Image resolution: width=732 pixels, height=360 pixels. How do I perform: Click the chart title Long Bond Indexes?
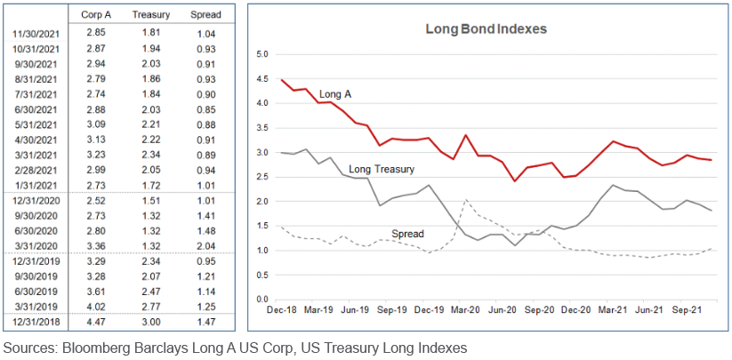coord(485,28)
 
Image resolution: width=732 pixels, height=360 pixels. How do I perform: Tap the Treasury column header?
coord(150,16)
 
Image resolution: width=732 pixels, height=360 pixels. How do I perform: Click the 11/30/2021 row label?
coord(36,33)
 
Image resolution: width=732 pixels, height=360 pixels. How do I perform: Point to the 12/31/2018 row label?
coord(36,320)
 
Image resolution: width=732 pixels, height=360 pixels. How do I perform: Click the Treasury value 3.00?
coord(150,320)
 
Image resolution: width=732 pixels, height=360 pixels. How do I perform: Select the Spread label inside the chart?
coord(407,234)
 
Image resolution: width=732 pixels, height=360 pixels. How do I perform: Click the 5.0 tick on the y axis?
coord(261,54)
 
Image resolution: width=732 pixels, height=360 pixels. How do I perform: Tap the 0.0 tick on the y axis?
coord(261,300)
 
